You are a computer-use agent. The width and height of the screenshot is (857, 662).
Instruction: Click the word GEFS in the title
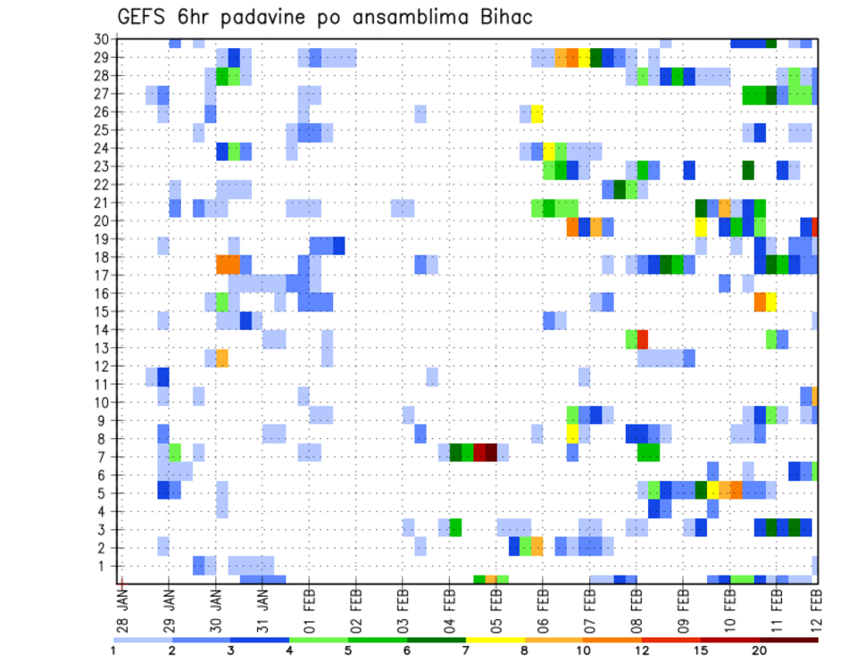pyautogui.click(x=145, y=17)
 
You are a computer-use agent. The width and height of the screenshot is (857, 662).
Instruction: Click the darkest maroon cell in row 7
pyautogui.click(x=491, y=452)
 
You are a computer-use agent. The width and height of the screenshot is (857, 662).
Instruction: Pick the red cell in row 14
pyautogui.click(x=643, y=339)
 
